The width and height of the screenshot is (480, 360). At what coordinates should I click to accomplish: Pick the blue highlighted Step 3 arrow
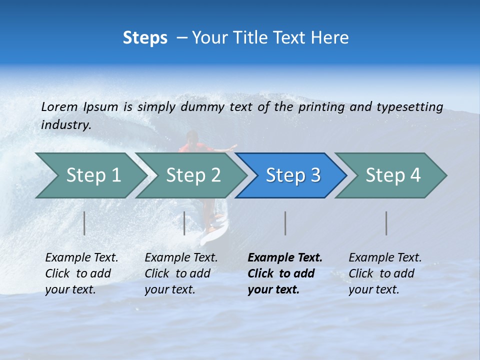pos(292,175)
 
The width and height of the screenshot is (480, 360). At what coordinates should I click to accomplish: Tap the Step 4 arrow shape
pos(392,175)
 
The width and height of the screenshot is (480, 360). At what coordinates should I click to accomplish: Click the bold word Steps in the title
pos(145,37)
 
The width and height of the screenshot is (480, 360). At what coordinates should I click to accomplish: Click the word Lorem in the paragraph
pos(59,106)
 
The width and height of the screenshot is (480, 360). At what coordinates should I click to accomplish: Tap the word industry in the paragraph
pos(65,124)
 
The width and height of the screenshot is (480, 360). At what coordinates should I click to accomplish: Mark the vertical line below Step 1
pos(84,223)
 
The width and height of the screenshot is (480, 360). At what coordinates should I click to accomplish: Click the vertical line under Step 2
pos(184,223)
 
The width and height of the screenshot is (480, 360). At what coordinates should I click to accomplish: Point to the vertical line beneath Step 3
pos(285,223)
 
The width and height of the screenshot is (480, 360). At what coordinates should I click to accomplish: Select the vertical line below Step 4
pos(386,223)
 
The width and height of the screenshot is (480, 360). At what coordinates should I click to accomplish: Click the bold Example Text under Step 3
pos(284,273)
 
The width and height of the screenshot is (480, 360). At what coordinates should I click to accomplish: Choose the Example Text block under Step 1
pos(81,273)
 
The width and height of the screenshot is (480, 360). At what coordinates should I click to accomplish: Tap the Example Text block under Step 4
pos(385,273)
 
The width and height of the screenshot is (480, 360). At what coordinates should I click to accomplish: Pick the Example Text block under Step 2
pos(181,273)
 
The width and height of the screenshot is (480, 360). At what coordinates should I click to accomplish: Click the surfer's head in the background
pos(191,136)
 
